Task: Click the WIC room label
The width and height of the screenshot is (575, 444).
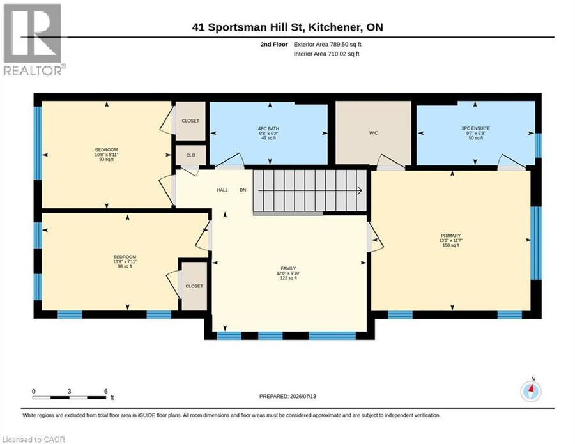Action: (373, 133)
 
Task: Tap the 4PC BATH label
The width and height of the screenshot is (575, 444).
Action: (268, 128)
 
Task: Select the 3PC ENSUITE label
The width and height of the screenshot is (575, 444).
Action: (475, 128)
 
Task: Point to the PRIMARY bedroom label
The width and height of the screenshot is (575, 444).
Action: (450, 236)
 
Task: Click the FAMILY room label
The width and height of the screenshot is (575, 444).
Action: (289, 268)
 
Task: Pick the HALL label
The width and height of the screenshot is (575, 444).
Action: (222, 190)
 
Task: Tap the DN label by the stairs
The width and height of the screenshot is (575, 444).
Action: (243, 190)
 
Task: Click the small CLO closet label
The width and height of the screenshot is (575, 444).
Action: (190, 155)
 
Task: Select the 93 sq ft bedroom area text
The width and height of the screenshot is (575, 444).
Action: (106, 160)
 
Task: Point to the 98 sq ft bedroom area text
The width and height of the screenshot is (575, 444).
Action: (125, 266)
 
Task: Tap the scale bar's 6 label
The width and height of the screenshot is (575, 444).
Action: (106, 391)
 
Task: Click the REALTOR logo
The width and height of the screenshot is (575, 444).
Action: (33, 40)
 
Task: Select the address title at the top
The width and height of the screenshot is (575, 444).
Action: (287, 27)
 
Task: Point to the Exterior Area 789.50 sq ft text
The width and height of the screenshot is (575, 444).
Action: (328, 44)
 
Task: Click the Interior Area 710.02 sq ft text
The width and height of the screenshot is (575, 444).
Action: (326, 54)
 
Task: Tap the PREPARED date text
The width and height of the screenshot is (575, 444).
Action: (287, 396)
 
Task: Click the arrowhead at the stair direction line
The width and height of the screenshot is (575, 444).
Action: (360, 190)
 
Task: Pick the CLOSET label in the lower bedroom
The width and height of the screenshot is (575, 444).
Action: (194, 286)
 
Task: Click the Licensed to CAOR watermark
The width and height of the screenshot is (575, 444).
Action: (33, 440)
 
